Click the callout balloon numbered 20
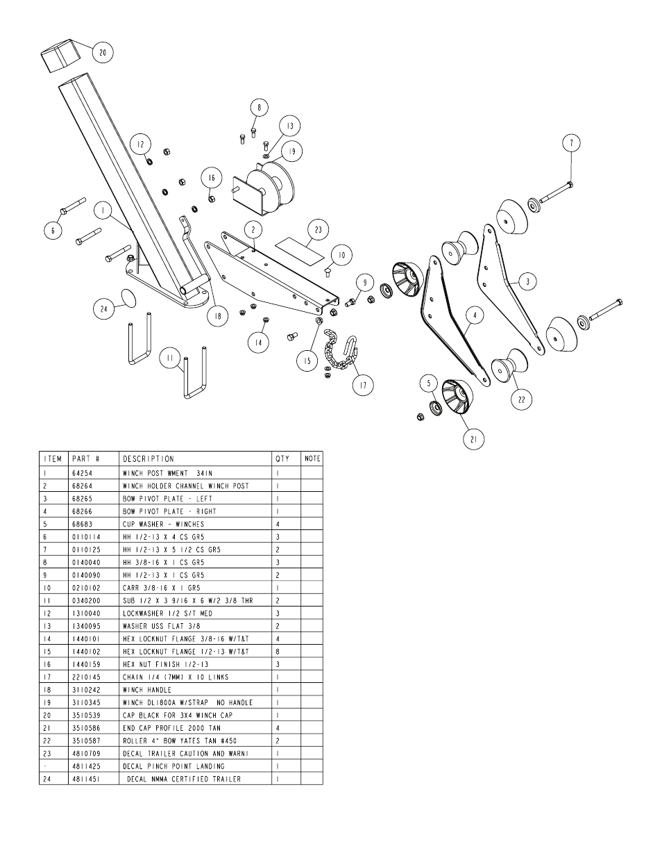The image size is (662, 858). (x=103, y=53)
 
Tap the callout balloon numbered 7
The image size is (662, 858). (x=571, y=143)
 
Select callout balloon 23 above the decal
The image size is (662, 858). (x=319, y=230)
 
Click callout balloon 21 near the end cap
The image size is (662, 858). (x=474, y=438)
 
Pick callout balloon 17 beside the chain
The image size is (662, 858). (x=362, y=384)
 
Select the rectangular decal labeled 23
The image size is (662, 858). (x=301, y=249)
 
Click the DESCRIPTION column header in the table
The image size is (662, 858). (x=148, y=459)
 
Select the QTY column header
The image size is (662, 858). (x=282, y=459)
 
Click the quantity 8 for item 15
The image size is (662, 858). (x=278, y=652)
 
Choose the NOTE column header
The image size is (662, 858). (x=312, y=459)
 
